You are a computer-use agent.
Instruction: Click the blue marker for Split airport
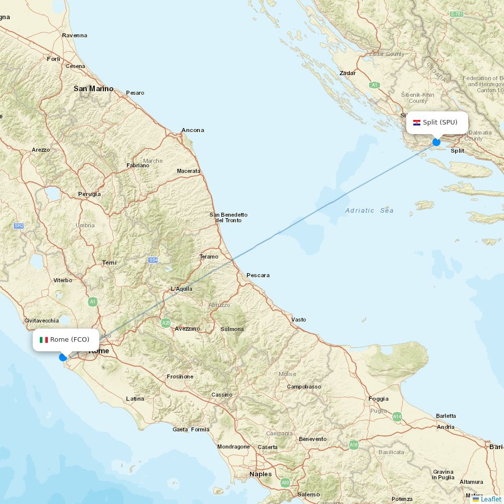click(x=436, y=142)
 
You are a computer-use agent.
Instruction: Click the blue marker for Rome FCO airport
click(x=63, y=357)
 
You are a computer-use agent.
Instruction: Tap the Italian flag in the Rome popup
click(x=44, y=340)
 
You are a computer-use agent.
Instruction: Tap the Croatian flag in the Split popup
click(x=417, y=122)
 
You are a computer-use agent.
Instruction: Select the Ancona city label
click(x=193, y=130)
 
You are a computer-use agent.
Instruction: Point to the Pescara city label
click(x=258, y=275)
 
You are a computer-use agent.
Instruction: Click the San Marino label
click(x=93, y=89)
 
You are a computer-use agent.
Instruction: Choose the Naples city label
click(x=261, y=474)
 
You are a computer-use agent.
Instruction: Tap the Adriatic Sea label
click(x=369, y=211)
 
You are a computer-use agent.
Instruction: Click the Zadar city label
click(x=347, y=73)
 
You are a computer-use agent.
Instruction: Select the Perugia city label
click(x=89, y=194)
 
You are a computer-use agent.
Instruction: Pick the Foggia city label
click(x=379, y=399)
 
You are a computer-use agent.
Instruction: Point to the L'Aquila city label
click(x=181, y=289)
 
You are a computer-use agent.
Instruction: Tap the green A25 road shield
click(x=166, y=323)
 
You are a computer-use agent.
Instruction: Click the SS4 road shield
click(x=153, y=260)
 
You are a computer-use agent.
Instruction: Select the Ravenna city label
click(x=75, y=35)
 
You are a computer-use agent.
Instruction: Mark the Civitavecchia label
click(x=41, y=321)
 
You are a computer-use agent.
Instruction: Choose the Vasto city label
click(x=298, y=320)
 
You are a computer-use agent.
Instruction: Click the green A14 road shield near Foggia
click(x=397, y=416)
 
